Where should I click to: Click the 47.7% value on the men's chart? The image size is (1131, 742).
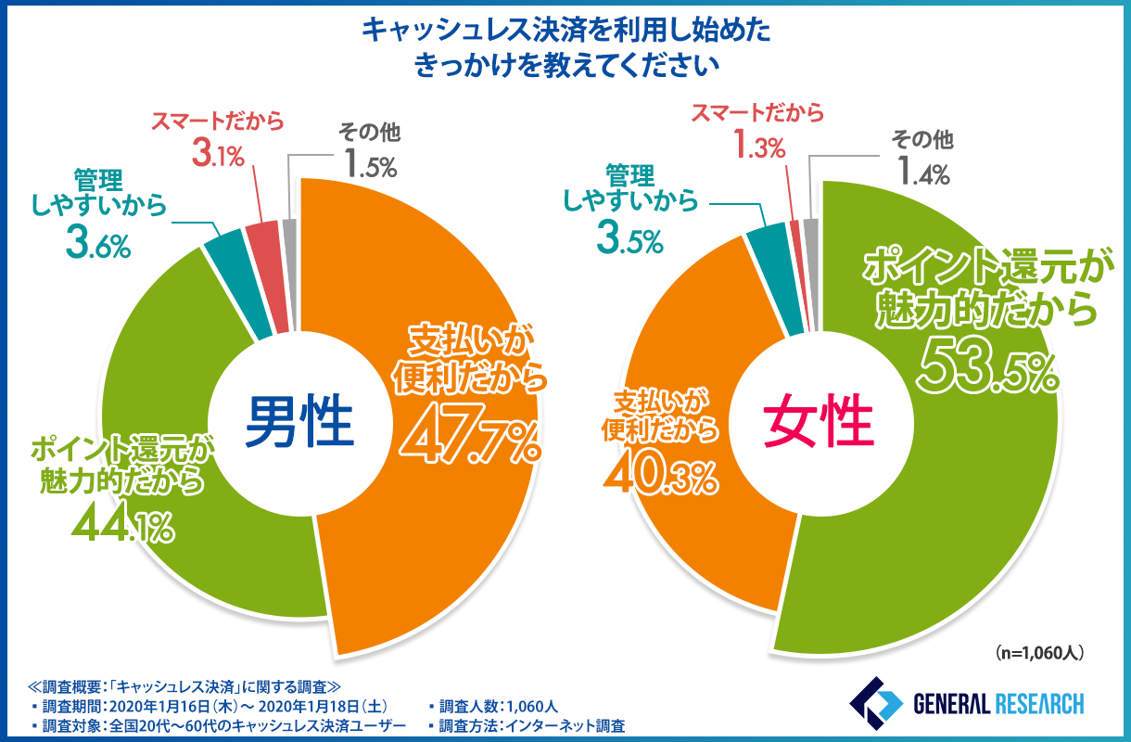pos(470,435)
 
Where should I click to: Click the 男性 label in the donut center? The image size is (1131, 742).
pos(300,421)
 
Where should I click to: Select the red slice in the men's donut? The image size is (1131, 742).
pos(261,237)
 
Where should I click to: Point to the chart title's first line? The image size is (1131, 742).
pos(565,31)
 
